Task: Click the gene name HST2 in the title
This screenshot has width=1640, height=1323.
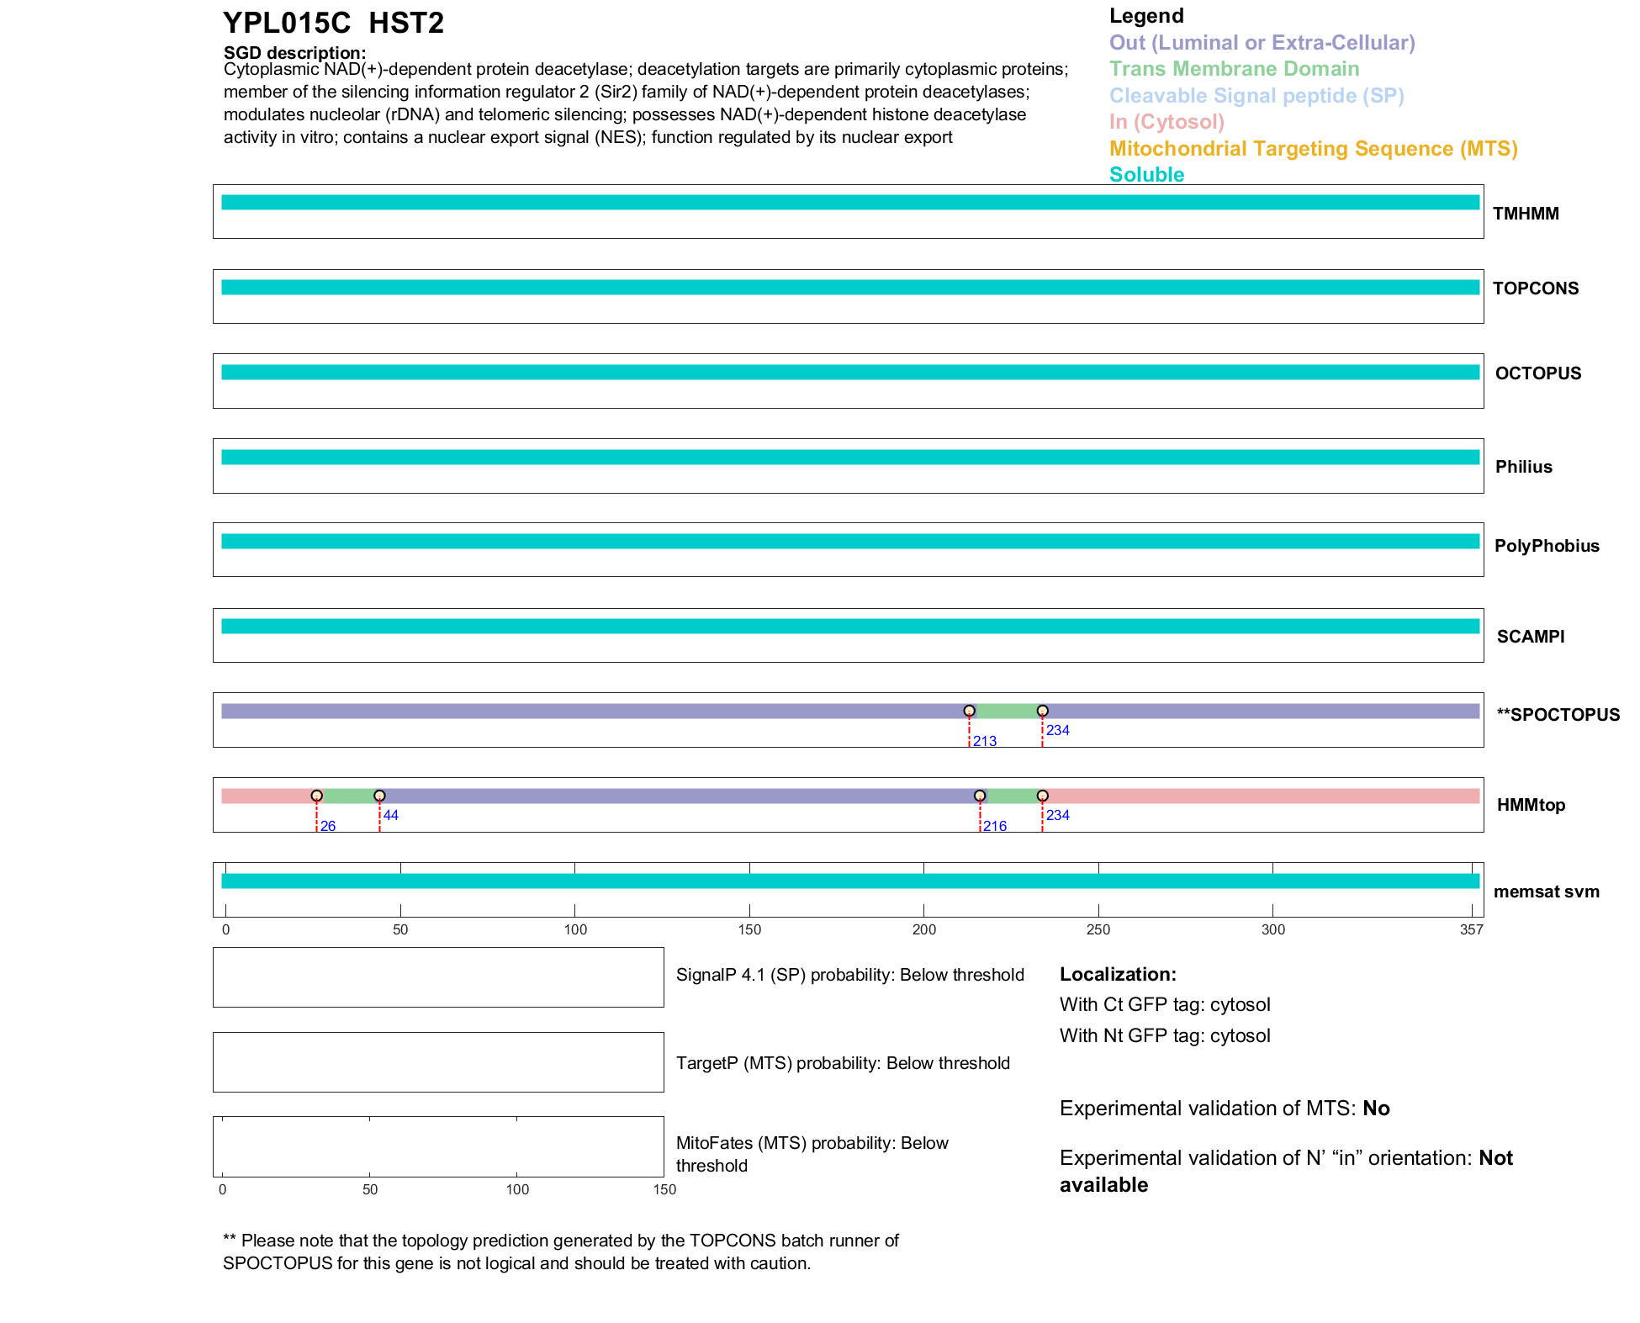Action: [406, 24]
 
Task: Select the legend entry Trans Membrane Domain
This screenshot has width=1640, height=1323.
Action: [1234, 69]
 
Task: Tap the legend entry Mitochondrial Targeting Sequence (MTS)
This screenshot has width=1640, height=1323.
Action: [1313, 149]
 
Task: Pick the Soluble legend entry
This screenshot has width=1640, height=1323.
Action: [1146, 175]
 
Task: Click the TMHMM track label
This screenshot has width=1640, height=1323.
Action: [1526, 214]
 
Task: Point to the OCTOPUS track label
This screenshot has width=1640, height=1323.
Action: [1537, 373]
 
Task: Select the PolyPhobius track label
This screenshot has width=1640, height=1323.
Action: [1546, 546]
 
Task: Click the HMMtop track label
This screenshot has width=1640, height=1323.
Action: [1531, 805]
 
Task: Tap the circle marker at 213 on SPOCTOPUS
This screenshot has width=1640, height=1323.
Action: [969, 711]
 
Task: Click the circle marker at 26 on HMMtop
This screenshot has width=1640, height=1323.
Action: [316, 796]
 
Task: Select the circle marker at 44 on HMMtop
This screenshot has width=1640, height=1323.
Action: [379, 796]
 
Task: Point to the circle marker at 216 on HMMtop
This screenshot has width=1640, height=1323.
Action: [980, 796]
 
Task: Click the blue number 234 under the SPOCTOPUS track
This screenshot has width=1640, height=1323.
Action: [1057, 730]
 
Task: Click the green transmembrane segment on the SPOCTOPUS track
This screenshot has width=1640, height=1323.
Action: [1006, 712]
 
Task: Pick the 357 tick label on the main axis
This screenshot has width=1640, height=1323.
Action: [1471, 929]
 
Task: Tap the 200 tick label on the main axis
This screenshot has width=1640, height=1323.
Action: [923, 929]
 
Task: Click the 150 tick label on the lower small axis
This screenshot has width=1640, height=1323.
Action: [664, 1189]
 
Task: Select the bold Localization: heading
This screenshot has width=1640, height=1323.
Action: [1118, 974]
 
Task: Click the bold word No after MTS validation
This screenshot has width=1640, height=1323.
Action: [1376, 1109]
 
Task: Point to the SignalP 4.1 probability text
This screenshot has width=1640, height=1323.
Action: [849, 975]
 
